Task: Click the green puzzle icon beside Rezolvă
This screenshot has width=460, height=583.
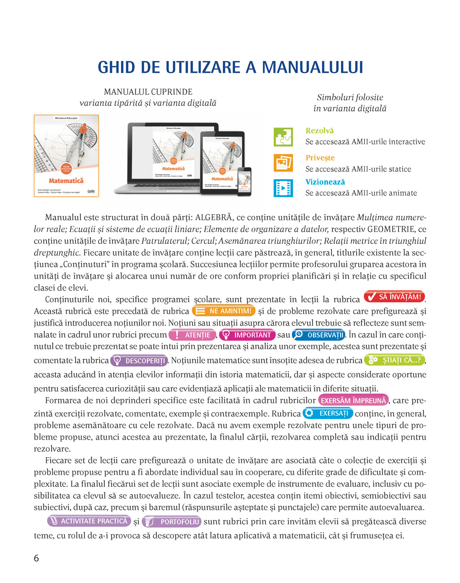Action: pos(283,137)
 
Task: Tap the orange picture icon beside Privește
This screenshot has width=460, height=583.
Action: pos(283,163)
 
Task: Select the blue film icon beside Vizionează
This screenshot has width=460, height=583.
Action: pos(283,188)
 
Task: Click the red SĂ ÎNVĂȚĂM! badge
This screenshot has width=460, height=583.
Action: pos(394,297)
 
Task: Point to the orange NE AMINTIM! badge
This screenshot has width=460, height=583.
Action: pos(224,311)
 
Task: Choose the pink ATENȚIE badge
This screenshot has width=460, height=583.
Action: pos(192,335)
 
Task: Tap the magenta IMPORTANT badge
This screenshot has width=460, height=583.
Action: pos(247,335)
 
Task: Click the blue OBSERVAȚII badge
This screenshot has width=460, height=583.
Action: pos(318,335)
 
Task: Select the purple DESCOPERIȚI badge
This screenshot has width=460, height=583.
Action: pos(139,361)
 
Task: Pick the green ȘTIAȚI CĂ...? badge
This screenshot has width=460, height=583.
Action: pos(394,360)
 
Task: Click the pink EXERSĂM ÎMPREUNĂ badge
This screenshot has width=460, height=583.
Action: pos(353,400)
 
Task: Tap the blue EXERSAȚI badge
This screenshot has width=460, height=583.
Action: pos(327,413)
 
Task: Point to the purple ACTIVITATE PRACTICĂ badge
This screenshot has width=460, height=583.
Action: pos(88,521)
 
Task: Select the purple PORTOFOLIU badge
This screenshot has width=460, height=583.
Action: pos(171,521)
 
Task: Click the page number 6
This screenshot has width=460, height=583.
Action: pos(36,558)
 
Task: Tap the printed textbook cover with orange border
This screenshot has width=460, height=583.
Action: pos(66,156)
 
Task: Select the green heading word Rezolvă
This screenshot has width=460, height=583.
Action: pos(319,131)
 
